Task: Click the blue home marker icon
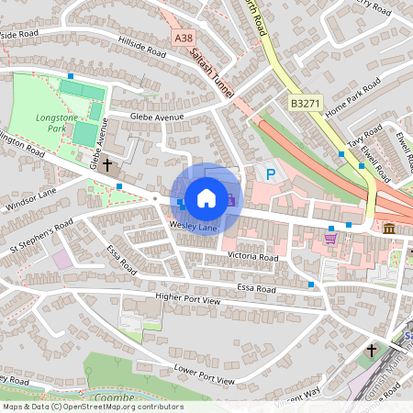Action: (x=206, y=197)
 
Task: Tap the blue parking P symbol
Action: (x=270, y=173)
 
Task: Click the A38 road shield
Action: (x=184, y=38)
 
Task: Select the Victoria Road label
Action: (x=253, y=258)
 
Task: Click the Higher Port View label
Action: (x=188, y=299)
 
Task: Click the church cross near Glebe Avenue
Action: (x=107, y=166)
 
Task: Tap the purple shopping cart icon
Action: (x=329, y=239)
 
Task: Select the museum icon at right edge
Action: (x=390, y=228)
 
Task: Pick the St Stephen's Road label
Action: (x=41, y=238)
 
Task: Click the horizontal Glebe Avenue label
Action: (x=157, y=117)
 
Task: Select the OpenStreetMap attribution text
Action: (x=92, y=407)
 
